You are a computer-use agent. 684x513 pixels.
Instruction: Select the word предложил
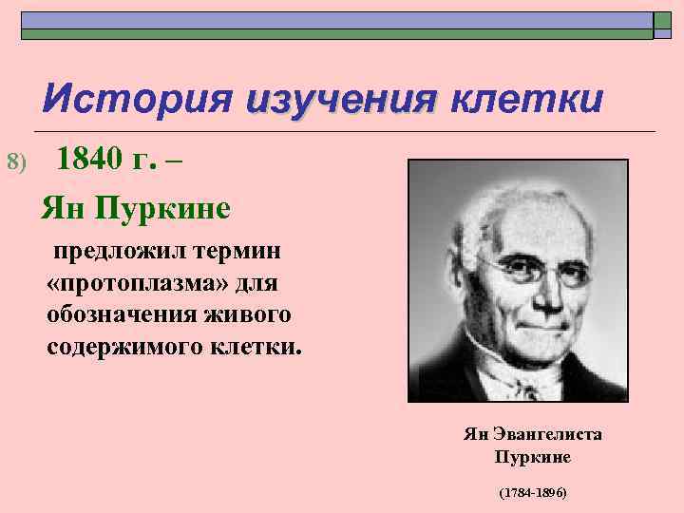111,254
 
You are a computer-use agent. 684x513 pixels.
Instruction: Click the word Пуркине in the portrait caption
532,456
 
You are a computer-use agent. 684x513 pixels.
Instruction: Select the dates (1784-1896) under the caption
532,494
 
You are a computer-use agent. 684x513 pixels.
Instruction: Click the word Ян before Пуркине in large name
64,207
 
